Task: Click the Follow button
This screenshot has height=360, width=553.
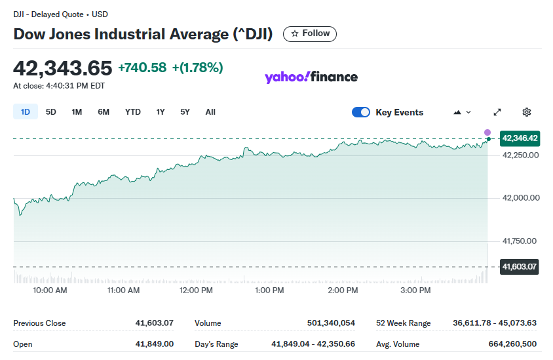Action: pos(309,33)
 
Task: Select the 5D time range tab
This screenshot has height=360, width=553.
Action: pos(51,112)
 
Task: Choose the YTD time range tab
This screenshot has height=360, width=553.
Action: pos(133,112)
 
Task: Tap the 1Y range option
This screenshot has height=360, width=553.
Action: pos(161,112)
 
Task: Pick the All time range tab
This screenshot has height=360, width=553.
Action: pos(210,112)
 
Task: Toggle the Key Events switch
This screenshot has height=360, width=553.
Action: pos(361,112)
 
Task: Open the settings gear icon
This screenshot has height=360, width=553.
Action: pos(527,112)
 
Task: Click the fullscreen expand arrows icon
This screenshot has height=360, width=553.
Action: pos(497,112)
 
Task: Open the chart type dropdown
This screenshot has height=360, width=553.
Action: pos(462,112)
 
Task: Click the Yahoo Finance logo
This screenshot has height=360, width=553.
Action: pos(311,77)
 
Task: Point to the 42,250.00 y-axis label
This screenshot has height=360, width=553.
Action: pos(520,155)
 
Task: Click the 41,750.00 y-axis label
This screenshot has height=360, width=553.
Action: pos(520,241)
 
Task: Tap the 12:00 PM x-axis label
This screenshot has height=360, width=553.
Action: pos(196,290)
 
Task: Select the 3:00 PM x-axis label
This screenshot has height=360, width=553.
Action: pos(415,290)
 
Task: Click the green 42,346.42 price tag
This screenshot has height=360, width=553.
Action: pos(520,138)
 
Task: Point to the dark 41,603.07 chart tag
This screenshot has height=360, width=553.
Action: pos(520,267)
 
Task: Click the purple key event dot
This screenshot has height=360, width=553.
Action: pos(487,132)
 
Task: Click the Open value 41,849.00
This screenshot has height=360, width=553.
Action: pos(155,344)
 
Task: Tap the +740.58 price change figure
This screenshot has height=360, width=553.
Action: pos(142,68)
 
